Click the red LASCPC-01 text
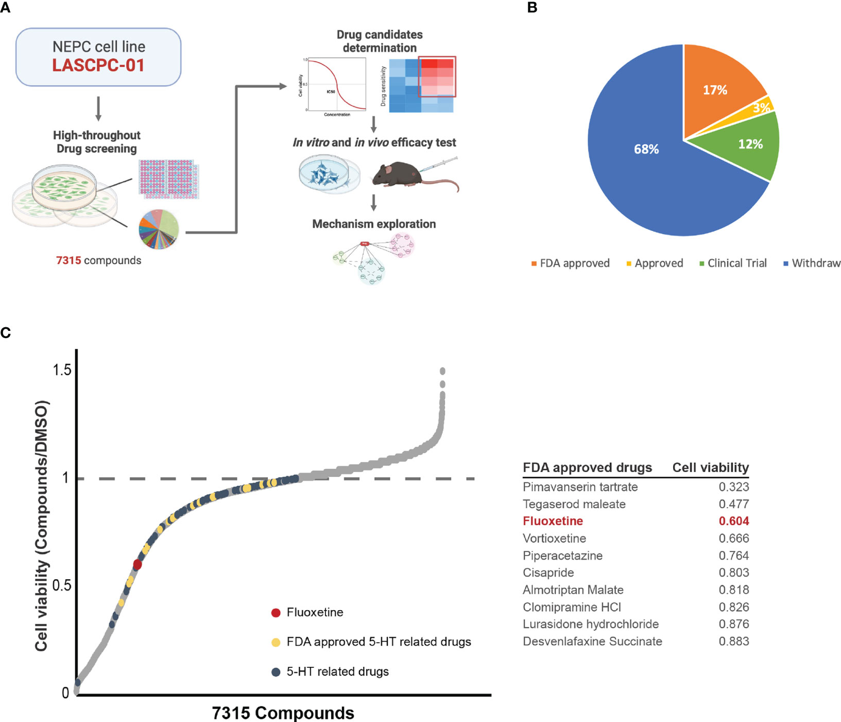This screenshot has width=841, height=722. tap(98, 65)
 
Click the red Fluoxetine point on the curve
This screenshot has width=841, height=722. tap(138, 564)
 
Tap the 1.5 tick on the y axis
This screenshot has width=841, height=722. tap(62, 370)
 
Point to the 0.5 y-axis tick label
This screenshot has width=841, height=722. tap(62, 585)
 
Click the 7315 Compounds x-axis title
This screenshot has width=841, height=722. tap(283, 713)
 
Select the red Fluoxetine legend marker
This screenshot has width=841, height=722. tap(276, 613)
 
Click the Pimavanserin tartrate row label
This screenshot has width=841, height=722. tap(580, 487)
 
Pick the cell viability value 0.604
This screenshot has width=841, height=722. tap(734, 521)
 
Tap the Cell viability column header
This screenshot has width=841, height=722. tap(710, 467)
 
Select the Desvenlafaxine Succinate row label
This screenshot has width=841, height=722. tap(592, 642)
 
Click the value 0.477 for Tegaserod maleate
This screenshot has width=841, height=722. tap(734, 504)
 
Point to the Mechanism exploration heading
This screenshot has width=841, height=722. tap(374, 224)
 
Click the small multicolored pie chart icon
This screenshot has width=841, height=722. tap(159, 230)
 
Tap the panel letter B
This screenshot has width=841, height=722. tap(532, 8)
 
